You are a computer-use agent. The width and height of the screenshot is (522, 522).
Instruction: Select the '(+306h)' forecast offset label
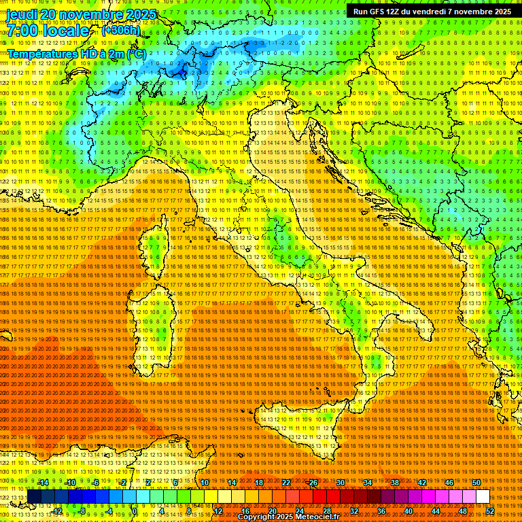point(121,31)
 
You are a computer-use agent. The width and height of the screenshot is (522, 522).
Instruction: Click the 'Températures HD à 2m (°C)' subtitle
point(76,54)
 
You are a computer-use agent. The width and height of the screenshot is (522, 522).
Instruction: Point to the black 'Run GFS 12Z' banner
point(432,12)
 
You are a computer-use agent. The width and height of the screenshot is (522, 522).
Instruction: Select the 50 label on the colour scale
point(476,483)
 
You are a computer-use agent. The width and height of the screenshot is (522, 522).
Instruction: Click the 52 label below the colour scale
point(489,511)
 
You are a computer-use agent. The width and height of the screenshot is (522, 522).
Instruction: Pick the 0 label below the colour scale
point(135,511)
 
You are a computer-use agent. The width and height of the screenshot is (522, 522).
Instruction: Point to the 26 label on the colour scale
point(313,483)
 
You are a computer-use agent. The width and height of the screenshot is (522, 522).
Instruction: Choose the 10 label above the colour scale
point(204,483)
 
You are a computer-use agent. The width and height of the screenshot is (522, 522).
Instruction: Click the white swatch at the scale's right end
point(483,497)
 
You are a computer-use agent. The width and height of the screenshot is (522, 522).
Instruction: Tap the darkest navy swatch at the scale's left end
point(33,497)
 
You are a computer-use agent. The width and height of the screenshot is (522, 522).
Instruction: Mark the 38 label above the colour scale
point(394,483)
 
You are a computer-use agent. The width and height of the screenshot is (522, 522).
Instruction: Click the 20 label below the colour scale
point(272,511)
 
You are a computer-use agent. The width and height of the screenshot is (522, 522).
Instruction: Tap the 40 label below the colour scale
point(408,511)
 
